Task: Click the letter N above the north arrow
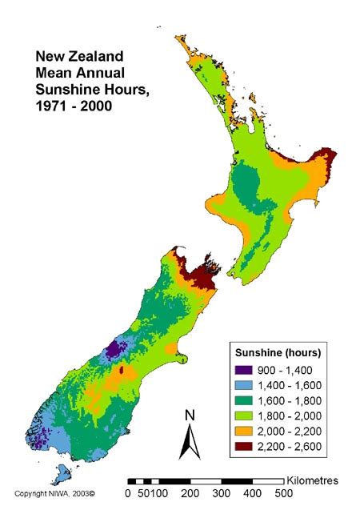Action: pos(190,416)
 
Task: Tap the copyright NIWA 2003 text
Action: pos(54,493)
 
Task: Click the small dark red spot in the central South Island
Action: pos(121,371)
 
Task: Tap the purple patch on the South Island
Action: pos(115,349)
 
